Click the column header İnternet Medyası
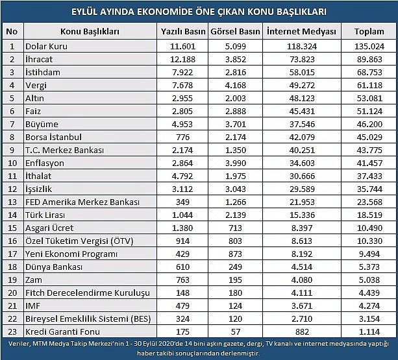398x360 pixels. tap(301, 31)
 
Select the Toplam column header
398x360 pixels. tap(369, 31)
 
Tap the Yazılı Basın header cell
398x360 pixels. tap(183, 31)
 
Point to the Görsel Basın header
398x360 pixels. tap(235, 31)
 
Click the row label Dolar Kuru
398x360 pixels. tap(47, 47)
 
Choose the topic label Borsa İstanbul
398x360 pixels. tap(53, 137)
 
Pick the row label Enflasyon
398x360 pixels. tap(45, 163)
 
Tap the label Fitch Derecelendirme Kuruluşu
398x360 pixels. tap(88, 293)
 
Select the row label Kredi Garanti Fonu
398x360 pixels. tap(63, 331)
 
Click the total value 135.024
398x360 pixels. tap(369, 47)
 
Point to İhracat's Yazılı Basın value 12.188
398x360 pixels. tap(182, 59)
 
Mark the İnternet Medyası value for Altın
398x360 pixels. tap(302, 98)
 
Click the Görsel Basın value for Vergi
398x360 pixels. tap(235, 85)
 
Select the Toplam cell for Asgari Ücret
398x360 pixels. tap(369, 228)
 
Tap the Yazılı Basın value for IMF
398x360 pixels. tap(182, 306)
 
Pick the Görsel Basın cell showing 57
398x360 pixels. tap(235, 331)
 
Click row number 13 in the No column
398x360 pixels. tap(12, 202)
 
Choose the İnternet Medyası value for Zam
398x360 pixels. tap(302, 280)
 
